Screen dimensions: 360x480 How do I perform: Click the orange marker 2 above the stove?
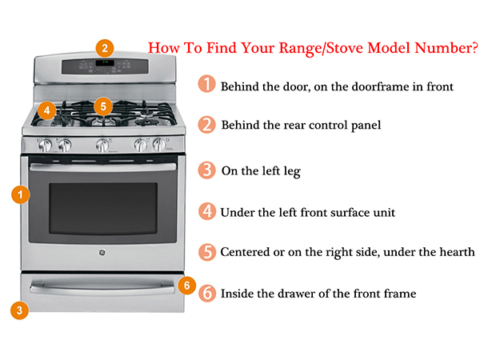click(x=106, y=47)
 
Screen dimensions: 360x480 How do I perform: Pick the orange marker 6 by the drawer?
click(x=186, y=284)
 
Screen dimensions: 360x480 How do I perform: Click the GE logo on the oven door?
click(x=102, y=255)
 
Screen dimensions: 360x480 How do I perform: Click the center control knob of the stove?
click(x=102, y=145)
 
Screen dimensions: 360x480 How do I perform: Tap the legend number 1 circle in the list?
click(x=207, y=85)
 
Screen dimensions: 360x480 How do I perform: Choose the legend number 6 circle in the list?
click(x=207, y=293)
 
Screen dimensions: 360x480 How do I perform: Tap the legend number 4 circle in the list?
click(x=207, y=211)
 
